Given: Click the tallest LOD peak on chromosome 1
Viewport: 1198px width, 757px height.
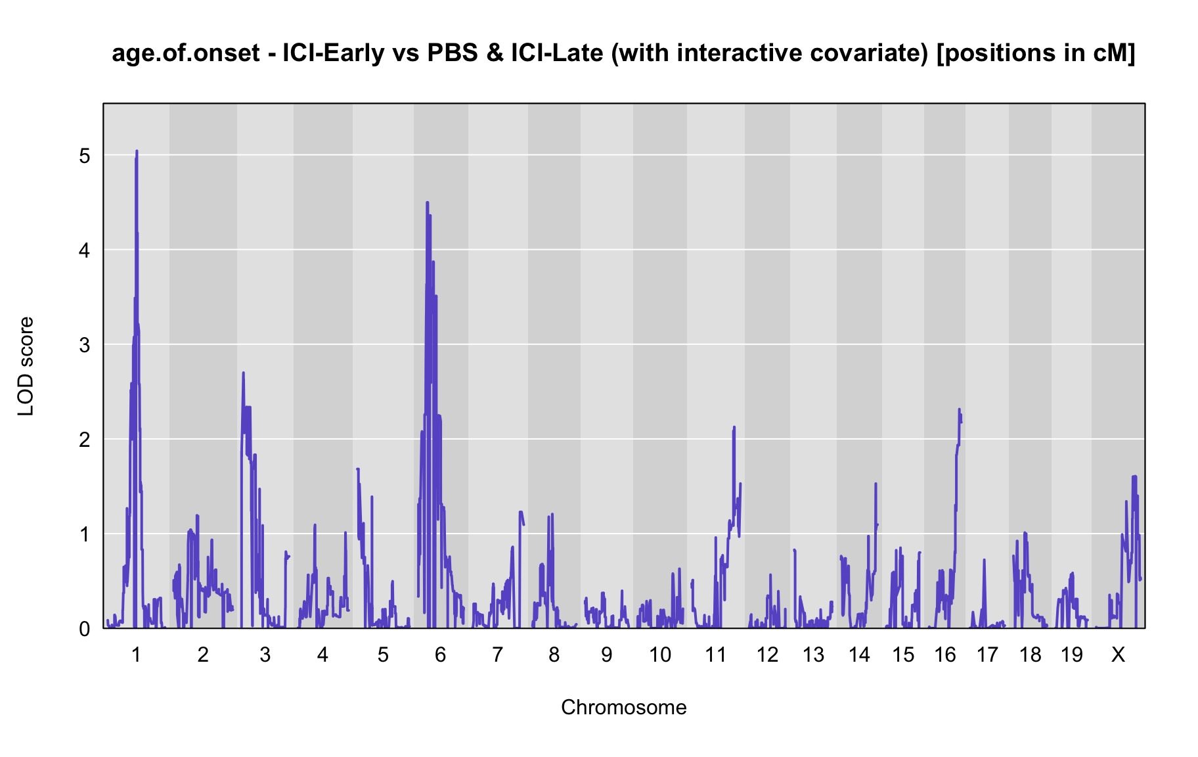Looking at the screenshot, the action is click(137, 151).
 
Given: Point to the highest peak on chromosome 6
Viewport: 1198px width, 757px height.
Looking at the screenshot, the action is click(427, 202).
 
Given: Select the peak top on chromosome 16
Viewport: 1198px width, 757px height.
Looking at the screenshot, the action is click(959, 409).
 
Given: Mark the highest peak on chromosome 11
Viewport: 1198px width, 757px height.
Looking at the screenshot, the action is click(734, 427).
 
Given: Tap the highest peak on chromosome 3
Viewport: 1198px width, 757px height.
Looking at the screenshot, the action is click(243, 373).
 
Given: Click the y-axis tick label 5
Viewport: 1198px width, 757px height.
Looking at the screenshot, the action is click(84, 156).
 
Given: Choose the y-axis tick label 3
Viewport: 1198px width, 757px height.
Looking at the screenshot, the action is click(84, 345).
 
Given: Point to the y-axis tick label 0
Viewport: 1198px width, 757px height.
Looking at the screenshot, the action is click(84, 629).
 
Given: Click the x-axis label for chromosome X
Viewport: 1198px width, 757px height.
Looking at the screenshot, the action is click(1118, 654).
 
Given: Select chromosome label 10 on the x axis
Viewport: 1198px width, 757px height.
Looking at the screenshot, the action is click(660, 654).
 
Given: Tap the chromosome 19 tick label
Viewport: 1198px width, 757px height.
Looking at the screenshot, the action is click(1071, 654).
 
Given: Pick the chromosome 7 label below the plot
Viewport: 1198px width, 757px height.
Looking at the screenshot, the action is click(497, 654).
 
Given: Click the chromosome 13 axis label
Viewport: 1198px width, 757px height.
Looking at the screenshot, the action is click(813, 654).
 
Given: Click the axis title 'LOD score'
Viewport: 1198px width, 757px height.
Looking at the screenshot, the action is click(26, 366).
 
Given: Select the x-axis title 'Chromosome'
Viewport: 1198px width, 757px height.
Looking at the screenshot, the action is click(624, 707).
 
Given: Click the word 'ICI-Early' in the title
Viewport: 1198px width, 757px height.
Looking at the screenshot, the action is click(333, 53).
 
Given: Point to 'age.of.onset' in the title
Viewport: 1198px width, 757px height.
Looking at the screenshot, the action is click(186, 54).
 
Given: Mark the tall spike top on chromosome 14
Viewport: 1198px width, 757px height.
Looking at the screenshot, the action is click(876, 484).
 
